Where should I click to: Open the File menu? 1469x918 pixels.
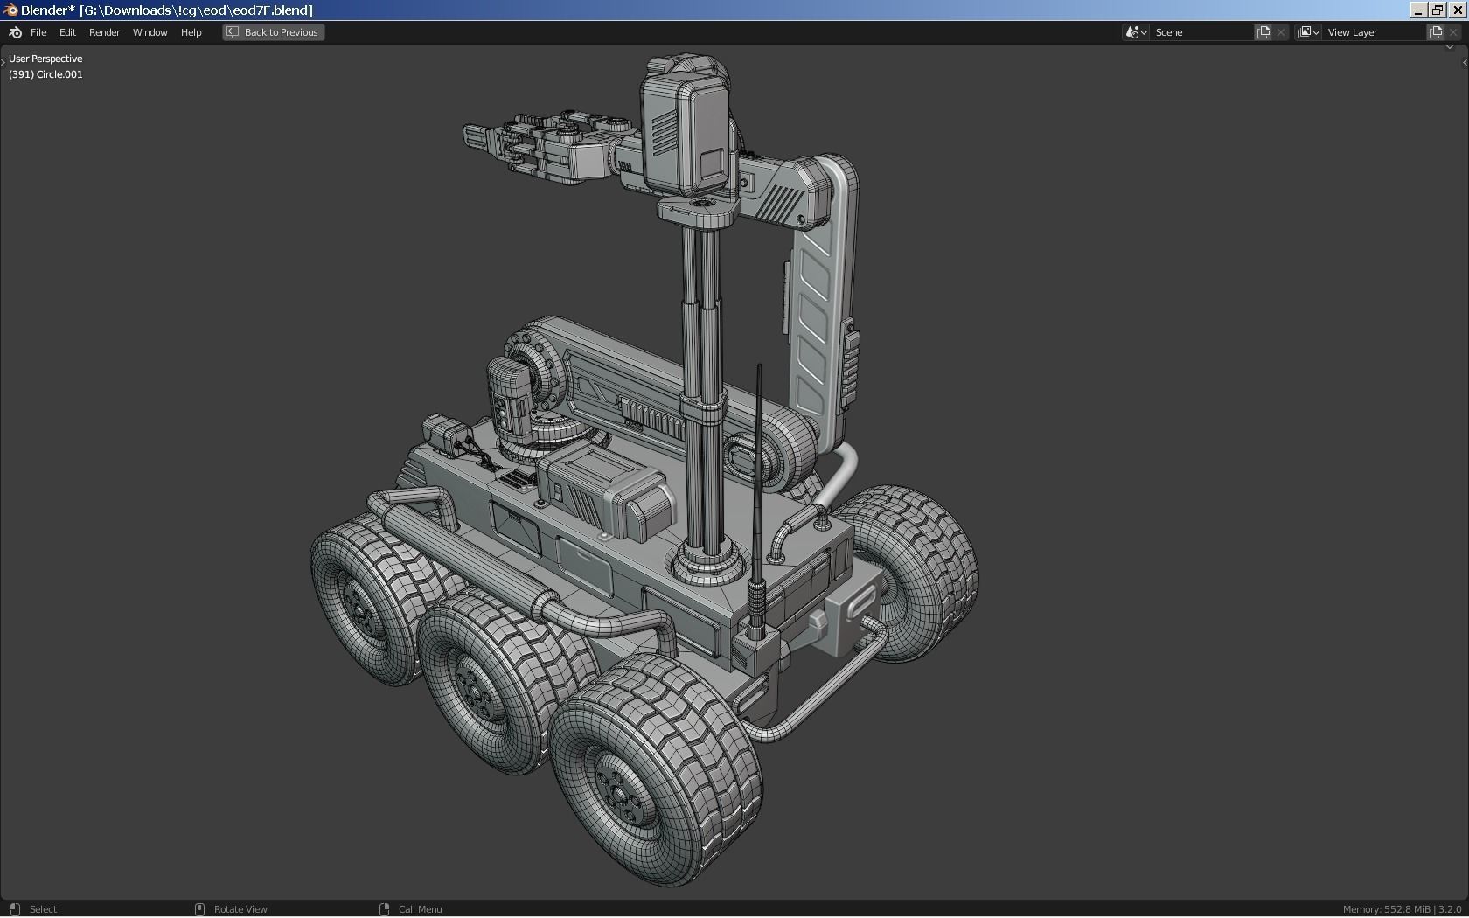38,32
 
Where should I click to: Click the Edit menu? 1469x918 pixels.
67,32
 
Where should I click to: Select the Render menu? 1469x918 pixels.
104,32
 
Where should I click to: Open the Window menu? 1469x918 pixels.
150,32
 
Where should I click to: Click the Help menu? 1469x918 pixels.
191,32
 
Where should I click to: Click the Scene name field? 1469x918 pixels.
1201,32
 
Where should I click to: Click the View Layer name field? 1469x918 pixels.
1374,32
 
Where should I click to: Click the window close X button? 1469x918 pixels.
1458,10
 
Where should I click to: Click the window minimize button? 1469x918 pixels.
1418,10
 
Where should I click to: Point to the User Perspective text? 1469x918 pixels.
45,59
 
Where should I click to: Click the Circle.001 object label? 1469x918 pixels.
59,74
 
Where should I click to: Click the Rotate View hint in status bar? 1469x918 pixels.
240,909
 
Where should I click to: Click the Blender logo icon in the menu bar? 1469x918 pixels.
15,32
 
